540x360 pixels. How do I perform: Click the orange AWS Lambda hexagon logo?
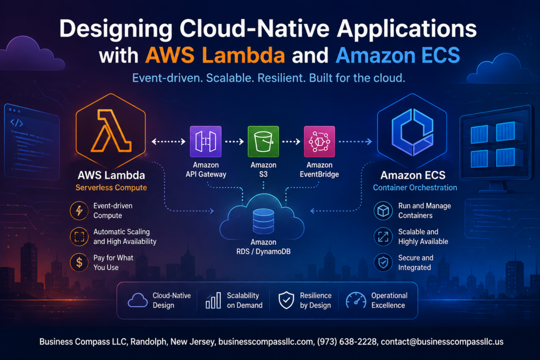tap(111, 131)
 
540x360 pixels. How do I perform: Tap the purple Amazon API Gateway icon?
tap(206, 141)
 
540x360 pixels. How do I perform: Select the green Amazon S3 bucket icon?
tap(264, 141)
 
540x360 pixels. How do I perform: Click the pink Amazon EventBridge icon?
tap(319, 141)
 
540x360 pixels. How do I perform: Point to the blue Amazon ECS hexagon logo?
tap(412, 131)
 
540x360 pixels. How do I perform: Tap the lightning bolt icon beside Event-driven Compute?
tap(79, 210)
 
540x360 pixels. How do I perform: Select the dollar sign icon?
tap(79, 262)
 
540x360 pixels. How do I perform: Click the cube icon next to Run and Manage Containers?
tap(383, 210)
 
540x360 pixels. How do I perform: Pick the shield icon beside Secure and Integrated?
tap(383, 262)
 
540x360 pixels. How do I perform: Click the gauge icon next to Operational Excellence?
tap(356, 300)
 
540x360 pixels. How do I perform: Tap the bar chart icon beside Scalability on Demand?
tap(213, 300)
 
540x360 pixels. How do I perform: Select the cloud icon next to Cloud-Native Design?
tap(138, 300)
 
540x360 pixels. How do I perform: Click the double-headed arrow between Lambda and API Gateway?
tap(168, 141)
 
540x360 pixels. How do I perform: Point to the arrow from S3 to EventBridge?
tap(291, 141)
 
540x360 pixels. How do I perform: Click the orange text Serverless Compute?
tap(111, 188)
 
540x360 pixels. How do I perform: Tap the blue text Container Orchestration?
tap(415, 188)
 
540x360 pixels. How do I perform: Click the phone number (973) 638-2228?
tap(347, 342)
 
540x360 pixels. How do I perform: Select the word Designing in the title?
tap(115, 29)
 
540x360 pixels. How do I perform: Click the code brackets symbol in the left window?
tap(16, 122)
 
